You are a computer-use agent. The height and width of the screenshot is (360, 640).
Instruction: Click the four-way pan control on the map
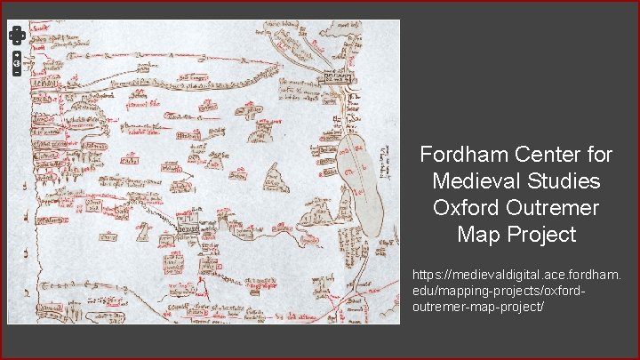[x=17, y=35]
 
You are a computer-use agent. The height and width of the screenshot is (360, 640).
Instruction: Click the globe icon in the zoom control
[x=17, y=64]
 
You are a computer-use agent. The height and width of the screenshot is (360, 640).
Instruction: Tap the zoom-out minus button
[x=17, y=73]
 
